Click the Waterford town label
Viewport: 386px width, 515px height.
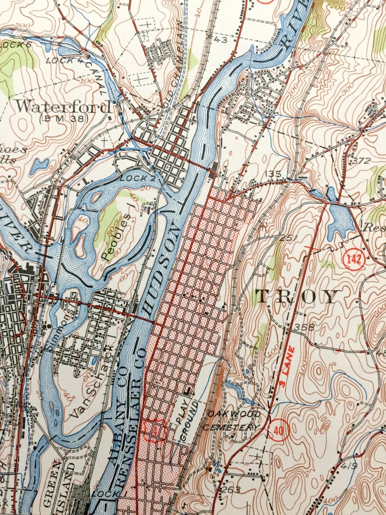click(62, 106)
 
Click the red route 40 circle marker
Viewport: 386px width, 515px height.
click(278, 429)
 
